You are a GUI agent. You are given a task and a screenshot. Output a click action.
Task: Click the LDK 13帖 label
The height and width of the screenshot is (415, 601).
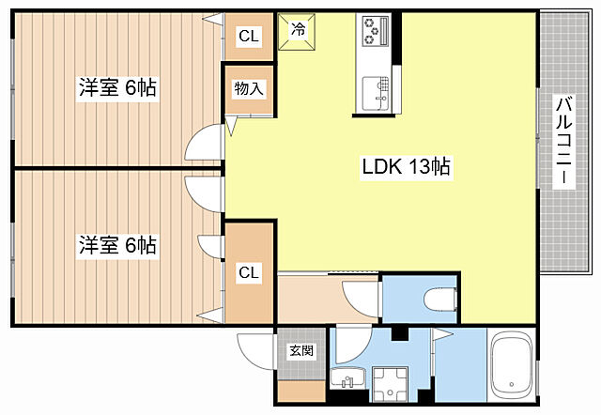click(407, 167)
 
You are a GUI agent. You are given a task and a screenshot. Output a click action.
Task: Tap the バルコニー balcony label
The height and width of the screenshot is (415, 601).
click(563, 140)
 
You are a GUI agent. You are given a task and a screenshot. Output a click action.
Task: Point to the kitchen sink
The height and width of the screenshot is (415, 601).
click(376, 92)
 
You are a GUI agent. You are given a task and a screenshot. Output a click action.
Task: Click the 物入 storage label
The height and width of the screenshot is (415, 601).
click(249, 88)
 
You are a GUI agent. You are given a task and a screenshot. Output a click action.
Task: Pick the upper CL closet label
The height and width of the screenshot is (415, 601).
click(249, 36)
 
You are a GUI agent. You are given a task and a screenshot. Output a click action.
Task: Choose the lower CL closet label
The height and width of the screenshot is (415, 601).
click(249, 273)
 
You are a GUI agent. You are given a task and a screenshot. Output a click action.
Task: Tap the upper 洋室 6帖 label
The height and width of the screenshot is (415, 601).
click(117, 87)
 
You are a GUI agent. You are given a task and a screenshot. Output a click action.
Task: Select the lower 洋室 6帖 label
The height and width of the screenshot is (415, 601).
click(117, 245)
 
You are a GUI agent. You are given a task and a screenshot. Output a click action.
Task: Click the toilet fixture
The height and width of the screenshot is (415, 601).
click(440, 299)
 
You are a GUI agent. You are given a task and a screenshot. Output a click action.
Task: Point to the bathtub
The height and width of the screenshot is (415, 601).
click(512, 365)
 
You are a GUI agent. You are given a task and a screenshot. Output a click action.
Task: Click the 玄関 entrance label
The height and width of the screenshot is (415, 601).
click(301, 350)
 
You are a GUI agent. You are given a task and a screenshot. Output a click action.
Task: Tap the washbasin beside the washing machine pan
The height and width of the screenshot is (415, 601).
click(347, 377)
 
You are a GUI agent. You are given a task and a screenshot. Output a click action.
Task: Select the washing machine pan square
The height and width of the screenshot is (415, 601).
click(391, 384)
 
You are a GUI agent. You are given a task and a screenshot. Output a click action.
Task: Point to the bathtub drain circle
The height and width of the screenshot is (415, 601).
click(511, 384)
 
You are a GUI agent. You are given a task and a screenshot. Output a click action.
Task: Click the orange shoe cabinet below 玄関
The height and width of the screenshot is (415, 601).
click(301, 392)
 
